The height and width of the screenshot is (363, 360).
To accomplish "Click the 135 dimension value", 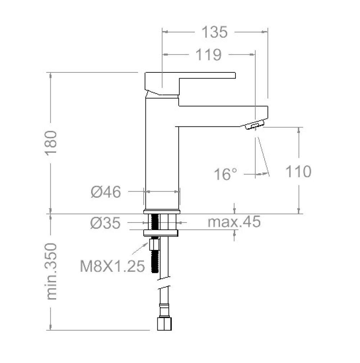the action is (215, 32).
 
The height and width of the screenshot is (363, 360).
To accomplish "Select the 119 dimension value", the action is (209, 55).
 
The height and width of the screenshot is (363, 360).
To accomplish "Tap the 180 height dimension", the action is (50, 143).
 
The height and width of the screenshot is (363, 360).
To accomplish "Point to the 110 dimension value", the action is (298, 171).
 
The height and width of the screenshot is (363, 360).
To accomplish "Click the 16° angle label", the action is (225, 174).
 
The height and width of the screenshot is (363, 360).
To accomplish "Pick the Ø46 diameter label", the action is (106, 192).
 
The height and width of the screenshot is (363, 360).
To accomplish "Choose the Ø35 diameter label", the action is (105, 223).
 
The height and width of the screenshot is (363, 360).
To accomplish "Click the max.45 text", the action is (234, 221).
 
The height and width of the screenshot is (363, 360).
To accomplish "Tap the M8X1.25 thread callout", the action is (112, 266).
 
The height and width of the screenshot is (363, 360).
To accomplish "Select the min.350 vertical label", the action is (51, 271).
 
